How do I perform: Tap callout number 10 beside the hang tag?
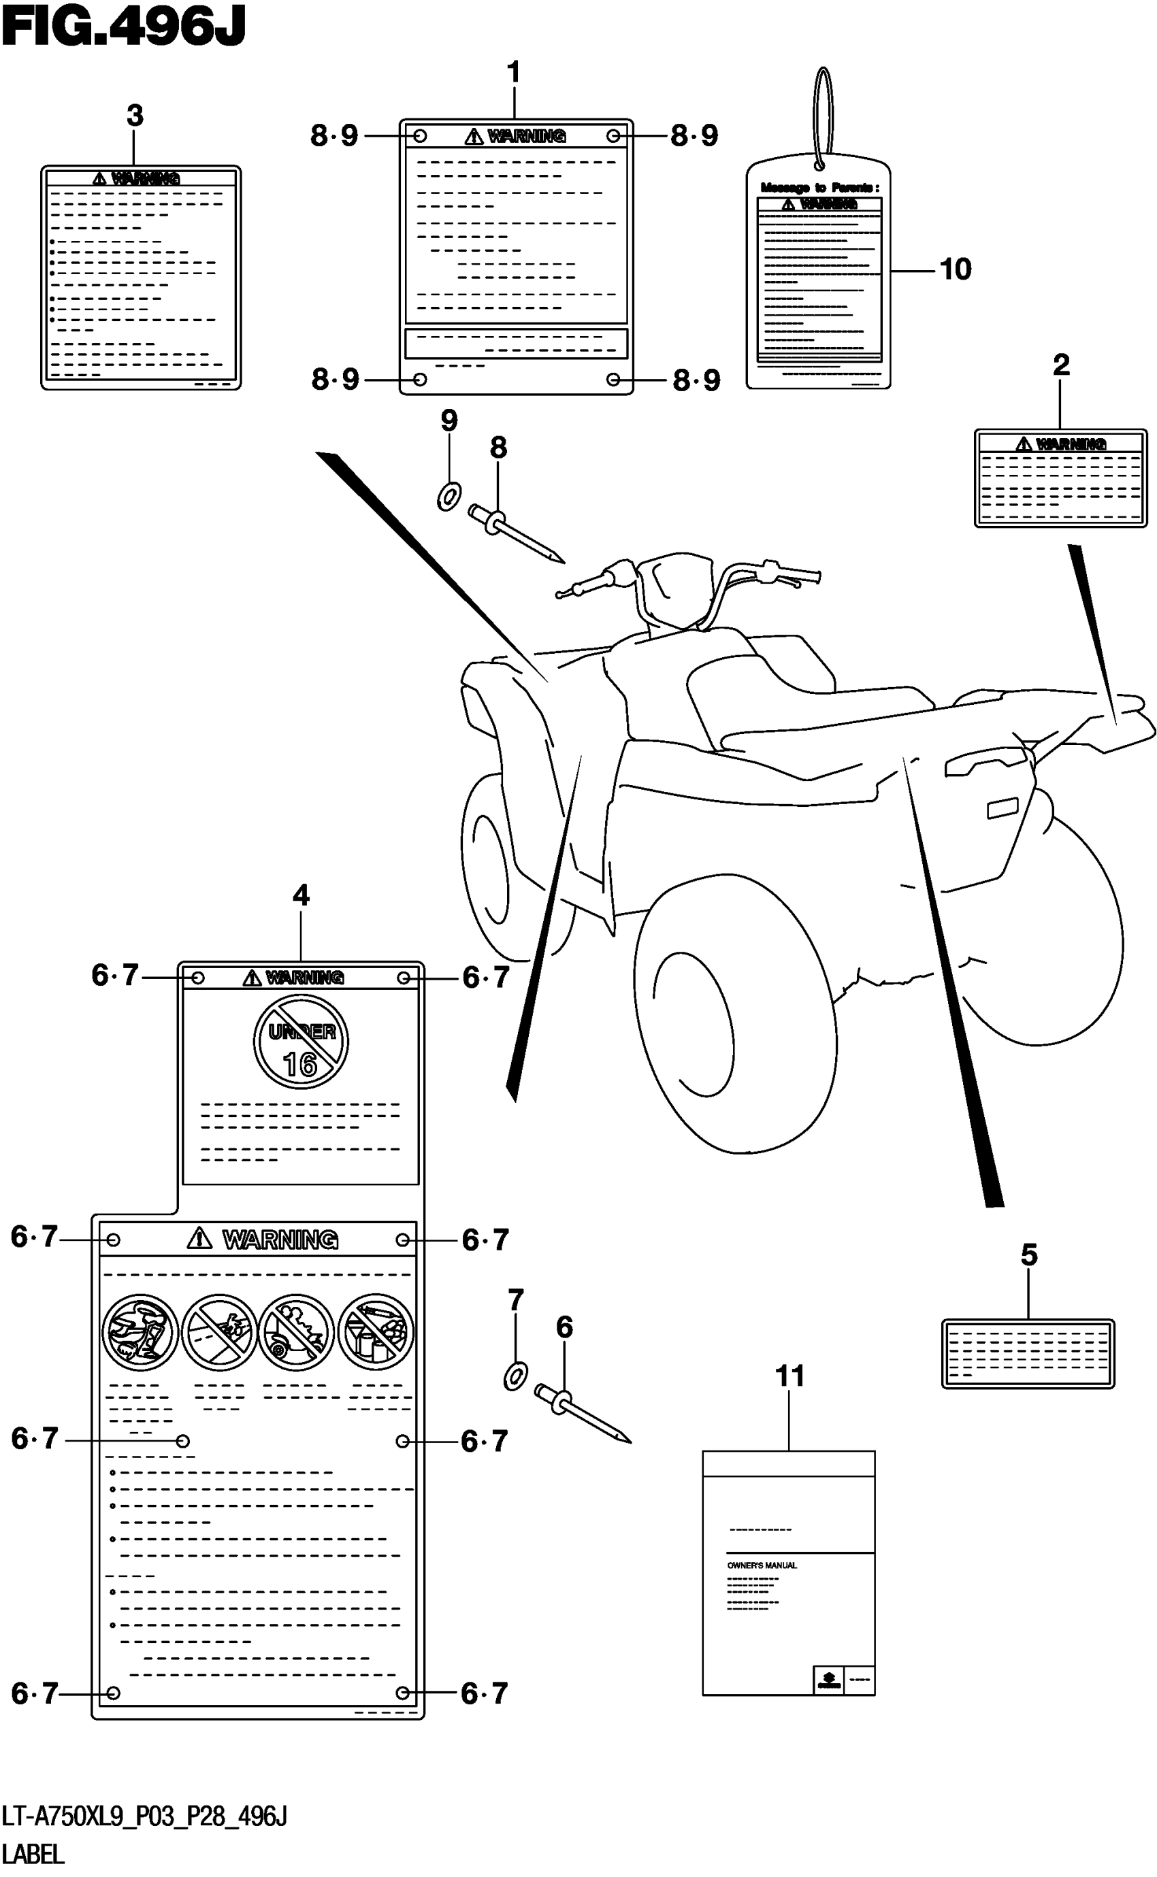(954, 269)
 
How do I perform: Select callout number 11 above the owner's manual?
(789, 1376)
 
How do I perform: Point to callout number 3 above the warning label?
(135, 116)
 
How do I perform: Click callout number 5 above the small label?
(1028, 1255)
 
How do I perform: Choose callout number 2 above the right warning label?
(1060, 364)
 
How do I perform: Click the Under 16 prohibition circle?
(301, 1041)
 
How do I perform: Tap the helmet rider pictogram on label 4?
(140, 1331)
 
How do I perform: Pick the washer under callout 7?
(515, 1377)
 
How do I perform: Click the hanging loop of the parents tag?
(823, 115)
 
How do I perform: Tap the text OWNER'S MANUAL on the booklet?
(762, 1565)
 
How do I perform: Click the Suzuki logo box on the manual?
(828, 1679)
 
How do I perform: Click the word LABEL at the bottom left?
(33, 1854)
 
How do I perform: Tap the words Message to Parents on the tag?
(819, 187)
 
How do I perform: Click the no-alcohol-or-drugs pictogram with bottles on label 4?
(376, 1331)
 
